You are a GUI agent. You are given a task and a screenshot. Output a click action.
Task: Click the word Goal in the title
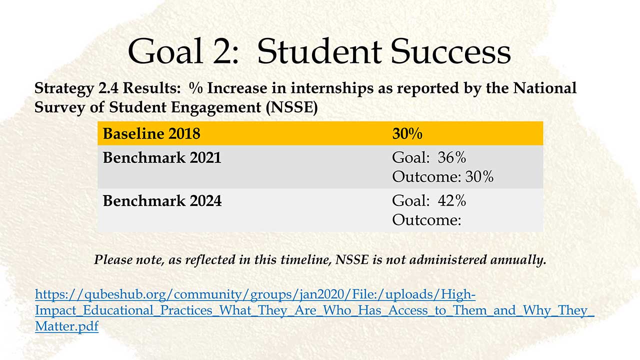tap(165, 51)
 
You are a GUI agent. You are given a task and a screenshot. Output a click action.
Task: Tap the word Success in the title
tap(450, 51)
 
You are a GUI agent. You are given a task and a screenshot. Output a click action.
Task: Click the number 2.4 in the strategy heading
tap(108, 88)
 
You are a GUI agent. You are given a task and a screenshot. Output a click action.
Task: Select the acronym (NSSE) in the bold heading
tap(291, 107)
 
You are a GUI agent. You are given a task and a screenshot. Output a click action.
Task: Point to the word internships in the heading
tap(332, 88)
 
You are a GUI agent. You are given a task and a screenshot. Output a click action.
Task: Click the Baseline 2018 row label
tap(151, 133)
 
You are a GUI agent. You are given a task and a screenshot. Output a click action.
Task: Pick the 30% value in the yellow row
tap(407, 133)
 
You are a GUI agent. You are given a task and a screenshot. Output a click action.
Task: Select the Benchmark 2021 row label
tap(162, 157)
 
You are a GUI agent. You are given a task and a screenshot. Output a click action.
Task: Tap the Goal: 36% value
tap(429, 157)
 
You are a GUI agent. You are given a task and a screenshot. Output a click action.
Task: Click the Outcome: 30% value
tap(442, 176)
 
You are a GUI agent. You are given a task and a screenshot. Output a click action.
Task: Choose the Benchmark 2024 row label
tap(162, 200)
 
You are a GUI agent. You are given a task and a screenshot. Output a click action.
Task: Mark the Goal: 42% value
tap(429, 200)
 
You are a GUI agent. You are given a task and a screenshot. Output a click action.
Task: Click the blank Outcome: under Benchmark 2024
tap(426, 220)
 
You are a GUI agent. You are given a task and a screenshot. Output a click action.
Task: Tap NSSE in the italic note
tap(352, 259)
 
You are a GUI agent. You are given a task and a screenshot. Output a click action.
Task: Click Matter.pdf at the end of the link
tap(67, 326)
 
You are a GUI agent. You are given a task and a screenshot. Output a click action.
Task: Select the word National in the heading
tap(544, 88)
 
